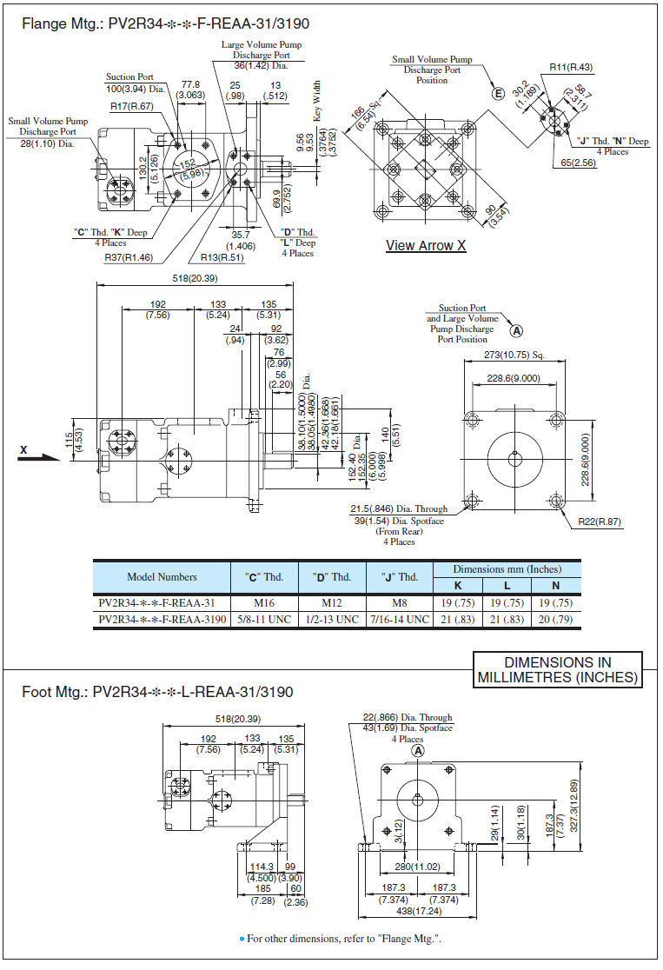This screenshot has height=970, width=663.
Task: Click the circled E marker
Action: [499, 94]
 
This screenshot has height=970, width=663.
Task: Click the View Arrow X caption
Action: [426, 246]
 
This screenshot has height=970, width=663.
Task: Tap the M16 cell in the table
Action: [265, 602]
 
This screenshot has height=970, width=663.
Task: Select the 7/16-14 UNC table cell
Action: [399, 620]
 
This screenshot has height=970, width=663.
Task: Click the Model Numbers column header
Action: [162, 577]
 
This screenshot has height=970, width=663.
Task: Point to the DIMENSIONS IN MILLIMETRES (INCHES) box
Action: [557, 670]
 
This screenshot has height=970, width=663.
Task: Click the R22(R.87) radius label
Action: [600, 522]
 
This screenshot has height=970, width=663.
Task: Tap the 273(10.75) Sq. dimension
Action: [514, 355]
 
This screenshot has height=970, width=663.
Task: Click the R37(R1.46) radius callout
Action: [129, 257]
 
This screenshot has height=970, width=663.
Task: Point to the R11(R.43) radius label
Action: [571, 67]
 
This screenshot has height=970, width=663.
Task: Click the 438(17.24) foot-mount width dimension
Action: [420, 912]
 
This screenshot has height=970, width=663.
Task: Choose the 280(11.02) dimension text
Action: [418, 867]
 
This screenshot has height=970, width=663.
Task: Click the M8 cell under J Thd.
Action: [399, 602]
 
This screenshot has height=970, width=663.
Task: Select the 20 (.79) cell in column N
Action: [555, 620]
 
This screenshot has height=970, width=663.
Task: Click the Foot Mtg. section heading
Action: [157, 693]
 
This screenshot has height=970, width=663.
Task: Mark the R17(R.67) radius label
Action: [131, 107]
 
